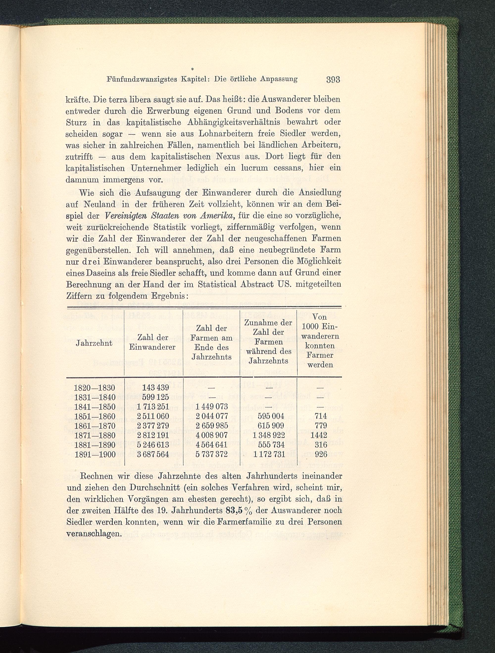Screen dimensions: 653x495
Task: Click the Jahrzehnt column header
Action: click(x=94, y=343)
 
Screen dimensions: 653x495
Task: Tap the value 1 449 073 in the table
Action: click(x=211, y=407)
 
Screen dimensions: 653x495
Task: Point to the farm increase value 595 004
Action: click(x=271, y=416)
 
